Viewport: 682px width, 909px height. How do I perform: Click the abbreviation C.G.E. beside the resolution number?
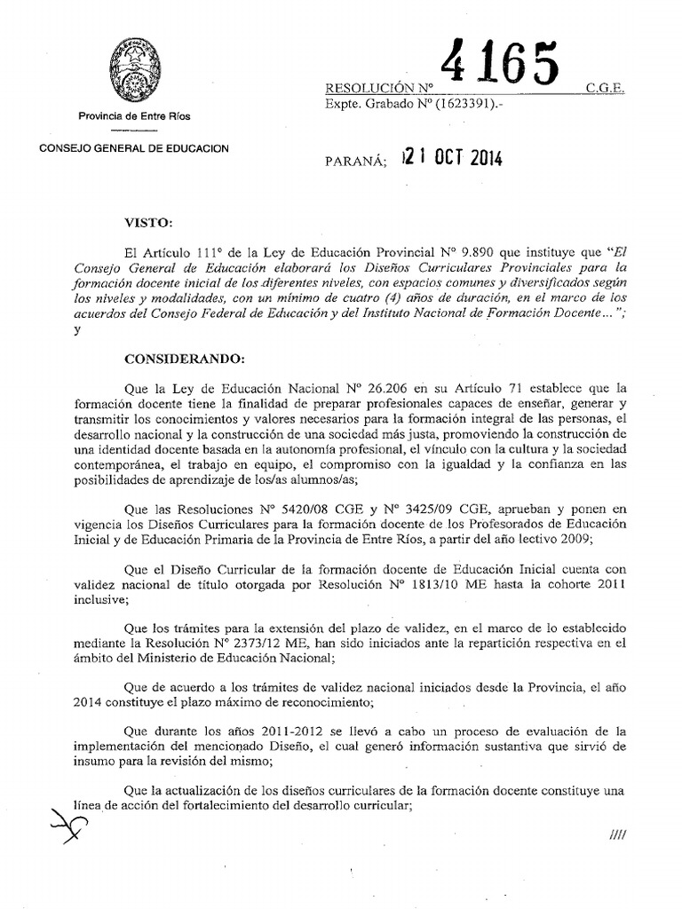click(607, 89)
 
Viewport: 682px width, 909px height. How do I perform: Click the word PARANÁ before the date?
click(357, 162)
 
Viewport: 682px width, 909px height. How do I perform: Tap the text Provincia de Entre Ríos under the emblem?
click(134, 116)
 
